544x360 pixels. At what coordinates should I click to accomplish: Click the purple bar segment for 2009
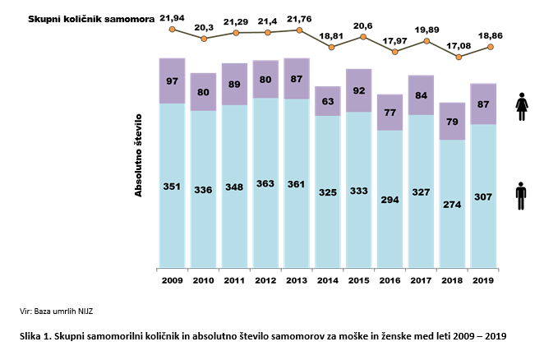click(x=172, y=81)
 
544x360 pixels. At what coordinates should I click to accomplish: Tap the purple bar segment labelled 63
click(x=328, y=101)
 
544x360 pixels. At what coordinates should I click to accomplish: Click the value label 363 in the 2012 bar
click(x=265, y=186)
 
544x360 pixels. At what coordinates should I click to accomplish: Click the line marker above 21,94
click(x=172, y=30)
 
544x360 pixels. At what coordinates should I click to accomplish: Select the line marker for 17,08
click(x=459, y=57)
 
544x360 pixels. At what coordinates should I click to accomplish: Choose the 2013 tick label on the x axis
click(x=297, y=280)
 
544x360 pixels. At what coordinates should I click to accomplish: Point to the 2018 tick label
click(x=454, y=280)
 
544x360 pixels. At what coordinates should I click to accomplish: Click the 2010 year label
click(x=203, y=280)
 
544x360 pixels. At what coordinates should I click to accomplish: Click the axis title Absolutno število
click(x=139, y=155)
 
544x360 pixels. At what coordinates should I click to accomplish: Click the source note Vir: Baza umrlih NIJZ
click(x=57, y=312)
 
